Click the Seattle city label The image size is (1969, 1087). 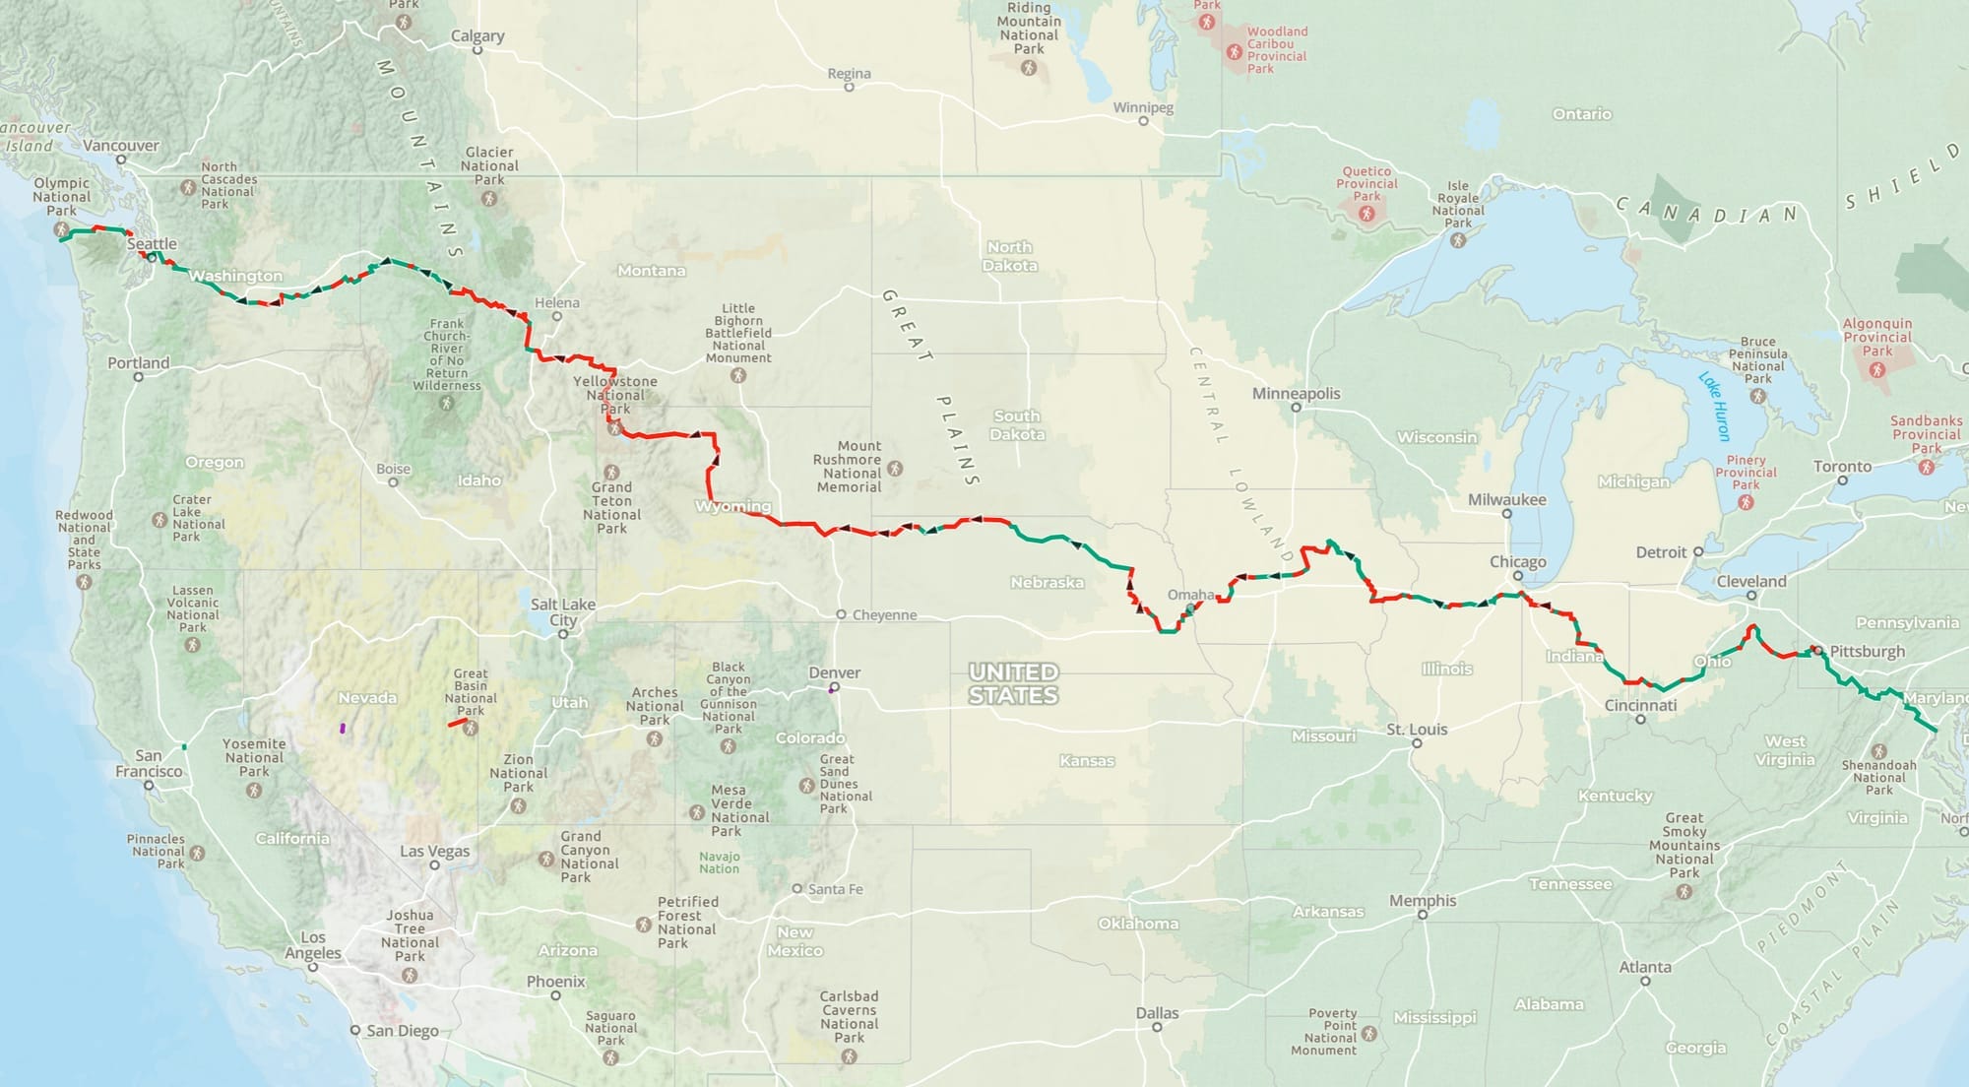(x=152, y=243)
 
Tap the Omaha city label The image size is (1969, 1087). (x=1190, y=595)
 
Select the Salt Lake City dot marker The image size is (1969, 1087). (x=563, y=634)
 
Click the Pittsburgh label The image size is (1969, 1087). (x=1867, y=651)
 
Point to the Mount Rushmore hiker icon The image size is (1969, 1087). (x=895, y=469)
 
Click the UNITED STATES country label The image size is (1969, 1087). (x=1013, y=683)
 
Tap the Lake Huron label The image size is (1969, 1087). (x=1714, y=406)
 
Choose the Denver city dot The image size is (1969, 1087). (x=834, y=687)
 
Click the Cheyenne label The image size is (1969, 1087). (x=884, y=614)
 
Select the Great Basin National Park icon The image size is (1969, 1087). (x=471, y=729)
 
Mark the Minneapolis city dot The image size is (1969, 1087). (x=1296, y=408)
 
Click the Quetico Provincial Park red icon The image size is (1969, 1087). (x=1366, y=214)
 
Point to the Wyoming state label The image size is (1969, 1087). (x=732, y=506)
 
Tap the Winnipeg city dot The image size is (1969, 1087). (x=1143, y=121)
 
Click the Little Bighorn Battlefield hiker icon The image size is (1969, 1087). (x=738, y=375)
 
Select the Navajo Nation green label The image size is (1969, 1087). (x=719, y=863)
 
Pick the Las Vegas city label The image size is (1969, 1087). (x=434, y=851)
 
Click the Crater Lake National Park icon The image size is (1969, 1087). (x=159, y=519)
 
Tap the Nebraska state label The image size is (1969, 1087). (x=1047, y=582)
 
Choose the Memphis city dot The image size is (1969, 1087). (x=1423, y=915)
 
